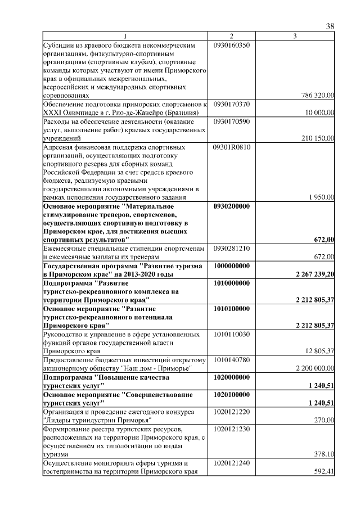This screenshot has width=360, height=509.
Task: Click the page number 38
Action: click(x=330, y=26)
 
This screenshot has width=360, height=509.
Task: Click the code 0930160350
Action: click(x=232, y=44)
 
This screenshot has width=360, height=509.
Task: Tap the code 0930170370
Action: click(x=232, y=104)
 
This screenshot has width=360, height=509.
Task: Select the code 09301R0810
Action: click(x=232, y=147)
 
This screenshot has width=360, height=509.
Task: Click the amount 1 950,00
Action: click(x=322, y=197)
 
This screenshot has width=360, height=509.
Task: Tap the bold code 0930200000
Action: click(x=232, y=206)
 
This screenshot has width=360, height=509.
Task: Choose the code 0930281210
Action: click(x=232, y=249)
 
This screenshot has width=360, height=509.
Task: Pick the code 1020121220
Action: click(x=232, y=412)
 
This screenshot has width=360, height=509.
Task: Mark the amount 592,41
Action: click(x=324, y=471)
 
